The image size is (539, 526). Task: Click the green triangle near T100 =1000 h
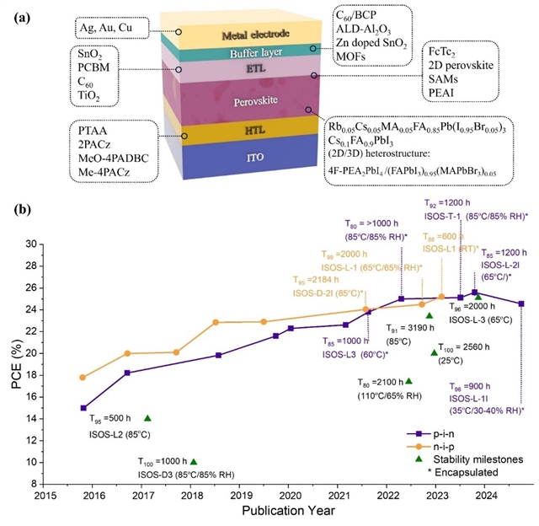[x=193, y=462]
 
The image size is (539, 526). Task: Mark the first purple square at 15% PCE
[x=83, y=408]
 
